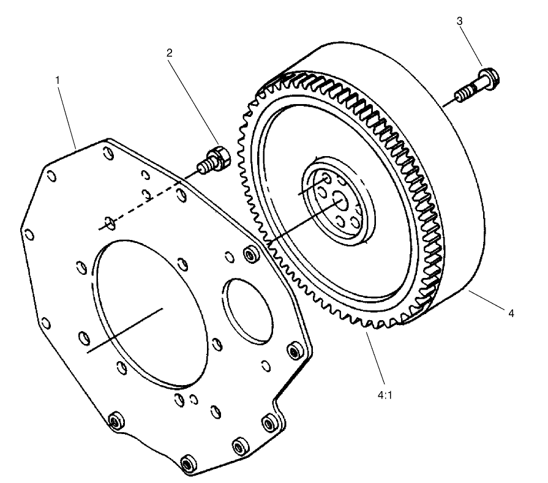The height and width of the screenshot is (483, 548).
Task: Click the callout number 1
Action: [58, 81]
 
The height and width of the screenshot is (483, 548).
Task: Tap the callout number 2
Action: [170, 53]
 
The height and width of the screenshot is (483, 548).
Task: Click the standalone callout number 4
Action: [510, 313]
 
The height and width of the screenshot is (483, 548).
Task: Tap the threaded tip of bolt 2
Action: [201, 166]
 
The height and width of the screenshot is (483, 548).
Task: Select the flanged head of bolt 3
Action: [488, 78]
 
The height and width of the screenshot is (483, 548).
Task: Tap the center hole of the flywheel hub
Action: [339, 201]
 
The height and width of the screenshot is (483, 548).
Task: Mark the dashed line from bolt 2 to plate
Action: [147, 201]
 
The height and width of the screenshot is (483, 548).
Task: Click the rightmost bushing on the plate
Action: [294, 351]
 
